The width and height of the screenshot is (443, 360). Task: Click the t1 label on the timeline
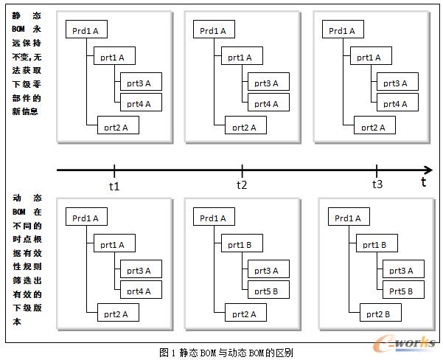coord(114,186)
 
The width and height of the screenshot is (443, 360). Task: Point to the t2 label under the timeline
coord(241,185)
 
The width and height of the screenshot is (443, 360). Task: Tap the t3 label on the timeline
coord(377,184)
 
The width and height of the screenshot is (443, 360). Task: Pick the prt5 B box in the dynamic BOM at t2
coord(266,291)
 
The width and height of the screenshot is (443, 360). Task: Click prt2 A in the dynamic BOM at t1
coord(116,314)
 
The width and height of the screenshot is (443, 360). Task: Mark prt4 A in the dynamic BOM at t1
coord(138,291)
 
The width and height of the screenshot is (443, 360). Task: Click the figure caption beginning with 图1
coord(221,353)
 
